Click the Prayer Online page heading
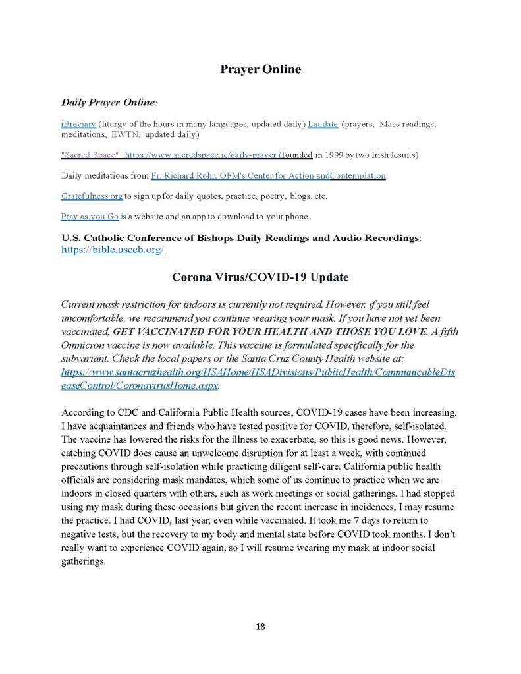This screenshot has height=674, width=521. click(x=260, y=69)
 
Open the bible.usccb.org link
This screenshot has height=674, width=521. click(x=113, y=250)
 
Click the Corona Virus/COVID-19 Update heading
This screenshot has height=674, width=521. click(x=260, y=277)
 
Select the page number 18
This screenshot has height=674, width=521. click(x=260, y=626)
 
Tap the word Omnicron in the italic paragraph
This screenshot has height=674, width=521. click(x=88, y=347)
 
